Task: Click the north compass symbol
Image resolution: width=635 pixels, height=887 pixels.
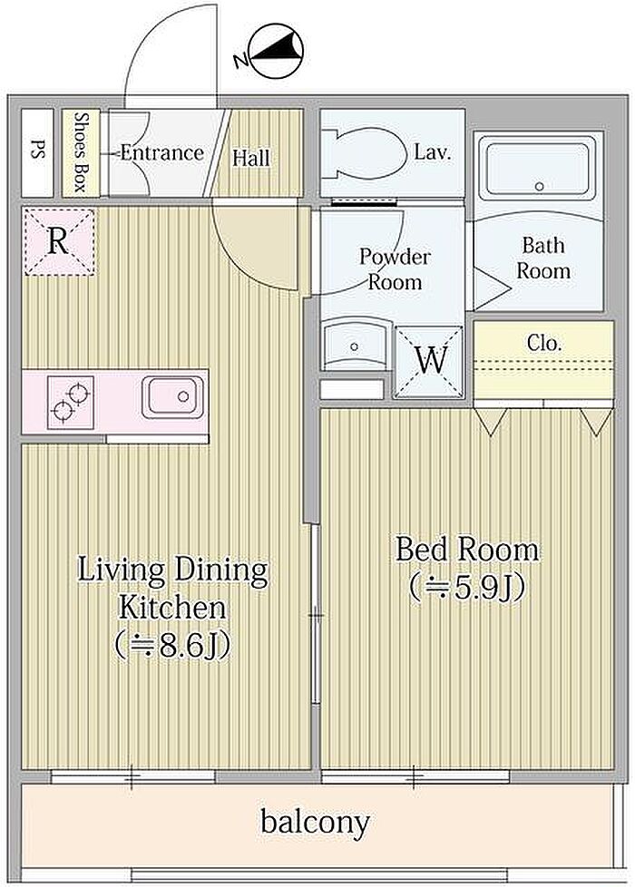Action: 275,51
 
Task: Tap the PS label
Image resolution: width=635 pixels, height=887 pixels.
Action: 37,152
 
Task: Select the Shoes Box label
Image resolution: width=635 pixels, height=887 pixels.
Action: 81,152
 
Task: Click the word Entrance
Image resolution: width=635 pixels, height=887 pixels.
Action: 161,152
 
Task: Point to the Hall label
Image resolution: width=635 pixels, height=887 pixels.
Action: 251,158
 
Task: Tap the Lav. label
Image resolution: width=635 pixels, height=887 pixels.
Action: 433,151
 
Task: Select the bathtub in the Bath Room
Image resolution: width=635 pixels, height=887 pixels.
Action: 538,168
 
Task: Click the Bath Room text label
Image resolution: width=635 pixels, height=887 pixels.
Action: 543,258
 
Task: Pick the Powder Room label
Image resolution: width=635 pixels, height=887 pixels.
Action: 395,269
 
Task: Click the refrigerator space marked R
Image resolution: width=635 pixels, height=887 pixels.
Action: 58,241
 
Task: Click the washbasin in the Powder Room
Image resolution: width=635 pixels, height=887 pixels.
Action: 355,345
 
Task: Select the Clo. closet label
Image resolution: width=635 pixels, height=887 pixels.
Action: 544,343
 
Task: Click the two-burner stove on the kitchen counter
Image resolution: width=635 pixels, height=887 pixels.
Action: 70,401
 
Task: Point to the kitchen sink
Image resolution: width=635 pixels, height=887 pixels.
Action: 172,397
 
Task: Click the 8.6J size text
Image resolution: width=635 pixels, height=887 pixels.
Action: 173,645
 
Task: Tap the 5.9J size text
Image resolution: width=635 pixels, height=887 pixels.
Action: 467,588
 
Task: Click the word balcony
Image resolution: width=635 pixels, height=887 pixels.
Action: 316,823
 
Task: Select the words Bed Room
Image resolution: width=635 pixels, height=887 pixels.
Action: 467,550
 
